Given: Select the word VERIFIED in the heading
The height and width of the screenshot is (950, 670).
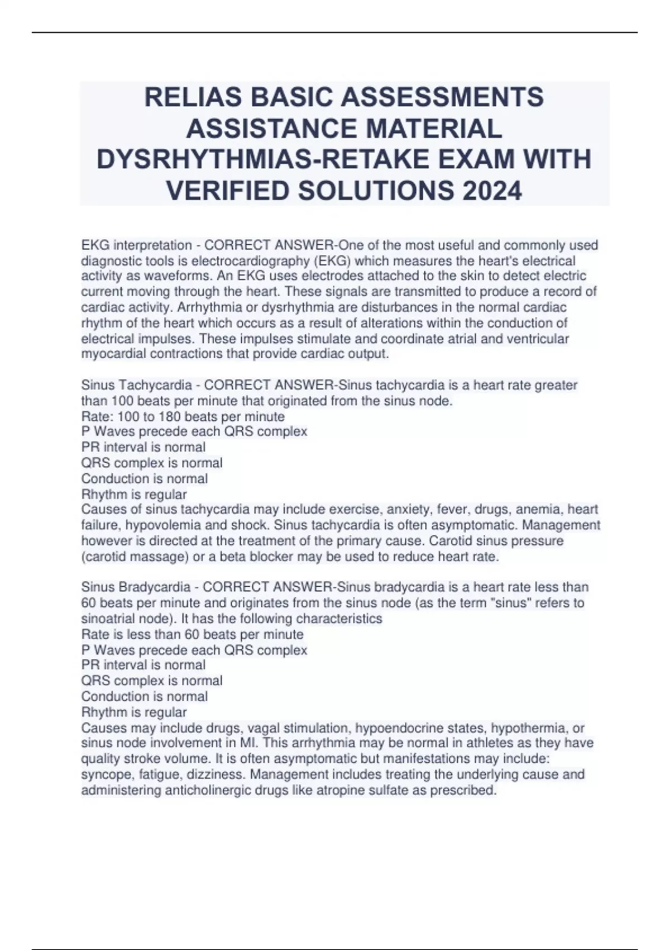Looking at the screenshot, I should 228,191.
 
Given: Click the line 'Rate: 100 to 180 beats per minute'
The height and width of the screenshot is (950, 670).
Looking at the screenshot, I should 183,417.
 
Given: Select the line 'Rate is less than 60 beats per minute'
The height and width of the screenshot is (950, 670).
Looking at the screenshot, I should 193,634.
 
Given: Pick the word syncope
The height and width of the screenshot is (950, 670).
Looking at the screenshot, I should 104,775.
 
